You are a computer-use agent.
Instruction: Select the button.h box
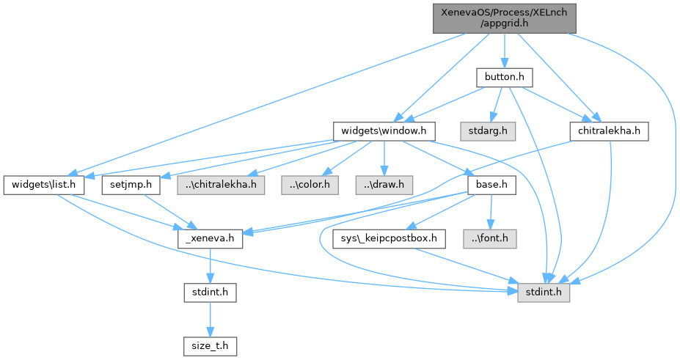coord(502,77)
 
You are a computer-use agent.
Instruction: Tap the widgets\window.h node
coord(384,131)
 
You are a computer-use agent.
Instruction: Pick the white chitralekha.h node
coord(609,131)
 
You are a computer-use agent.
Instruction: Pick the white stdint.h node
coord(211,291)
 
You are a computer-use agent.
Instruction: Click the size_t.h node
coord(211,345)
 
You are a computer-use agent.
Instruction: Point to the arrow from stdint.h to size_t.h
coord(211,317)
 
